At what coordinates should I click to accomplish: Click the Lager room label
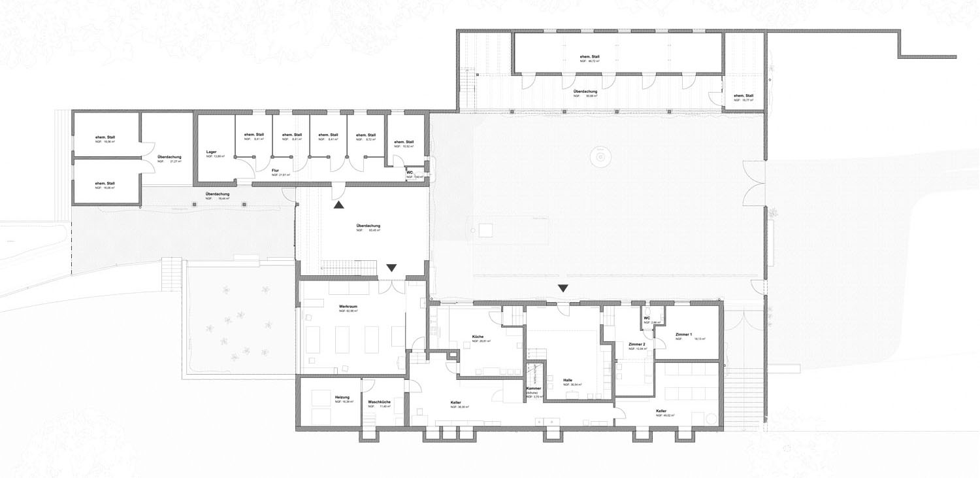coord(211,152)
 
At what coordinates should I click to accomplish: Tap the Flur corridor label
coord(276,170)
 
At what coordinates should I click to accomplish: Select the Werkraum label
coord(348,307)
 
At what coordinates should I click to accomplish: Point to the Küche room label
coord(478,337)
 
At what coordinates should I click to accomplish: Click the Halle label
coord(568,380)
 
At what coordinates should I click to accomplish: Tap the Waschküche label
coord(379,402)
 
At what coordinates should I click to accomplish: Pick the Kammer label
coord(533,388)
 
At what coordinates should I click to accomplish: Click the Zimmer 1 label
coord(684,334)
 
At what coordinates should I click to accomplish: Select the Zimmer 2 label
coord(637,344)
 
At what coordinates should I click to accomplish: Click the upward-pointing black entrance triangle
coord(338,205)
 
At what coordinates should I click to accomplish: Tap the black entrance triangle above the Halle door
coord(563,288)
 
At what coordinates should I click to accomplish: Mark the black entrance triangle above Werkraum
coord(391,267)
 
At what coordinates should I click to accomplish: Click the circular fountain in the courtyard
coord(598,156)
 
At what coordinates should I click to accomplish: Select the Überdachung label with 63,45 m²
coord(368,226)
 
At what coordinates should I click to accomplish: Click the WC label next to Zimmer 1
coord(647,318)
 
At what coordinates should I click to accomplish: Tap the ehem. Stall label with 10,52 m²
coord(404,143)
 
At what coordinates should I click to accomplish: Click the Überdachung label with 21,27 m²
coord(169,157)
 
